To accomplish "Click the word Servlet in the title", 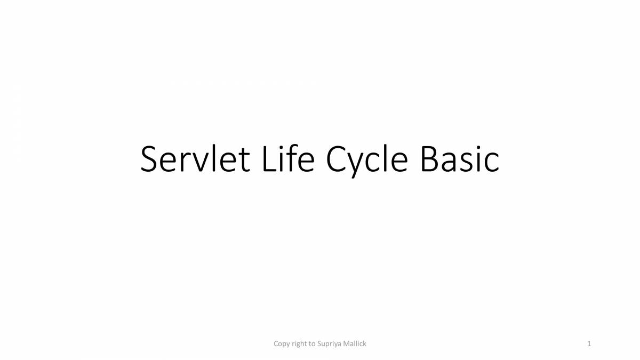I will (x=195, y=159).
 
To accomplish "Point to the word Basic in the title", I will (x=460, y=159).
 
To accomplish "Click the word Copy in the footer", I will (x=282, y=344).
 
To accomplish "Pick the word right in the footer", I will (x=299, y=344).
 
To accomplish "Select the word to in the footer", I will (x=312, y=344).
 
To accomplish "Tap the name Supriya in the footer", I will (x=330, y=344).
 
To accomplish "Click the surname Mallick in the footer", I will (x=355, y=344).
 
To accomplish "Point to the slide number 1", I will (x=589, y=344).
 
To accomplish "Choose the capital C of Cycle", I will (x=337, y=159).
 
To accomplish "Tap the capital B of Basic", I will (x=429, y=159).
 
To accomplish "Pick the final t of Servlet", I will (x=244, y=160).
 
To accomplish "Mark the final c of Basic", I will (x=492, y=162).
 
